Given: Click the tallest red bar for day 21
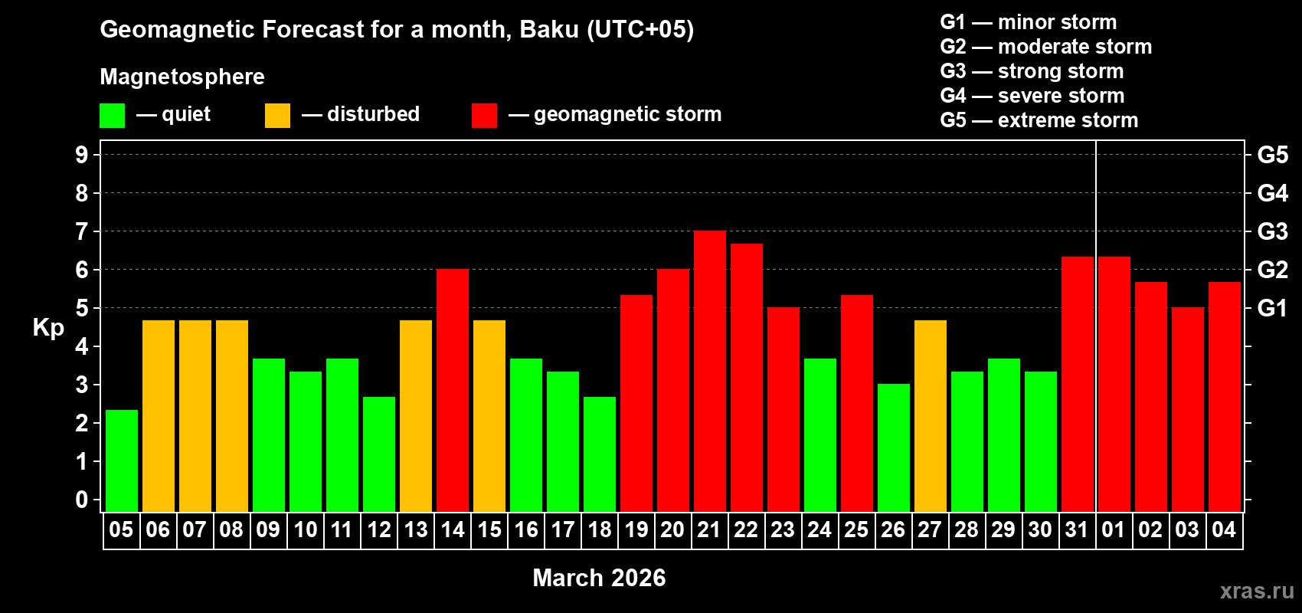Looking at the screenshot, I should [x=709, y=371].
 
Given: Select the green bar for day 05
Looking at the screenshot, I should [x=122, y=461].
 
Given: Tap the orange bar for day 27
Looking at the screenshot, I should [x=931, y=415].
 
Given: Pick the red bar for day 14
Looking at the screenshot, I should [x=453, y=390].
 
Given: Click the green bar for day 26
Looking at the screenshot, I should [x=894, y=447].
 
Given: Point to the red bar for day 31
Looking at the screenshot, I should [x=1078, y=384].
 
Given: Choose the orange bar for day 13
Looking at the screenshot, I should [x=416, y=415].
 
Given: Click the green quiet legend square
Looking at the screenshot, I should [x=113, y=116].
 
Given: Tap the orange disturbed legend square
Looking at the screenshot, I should [x=277, y=116].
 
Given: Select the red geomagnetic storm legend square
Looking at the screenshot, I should [x=484, y=116].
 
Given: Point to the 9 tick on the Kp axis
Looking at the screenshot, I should [x=82, y=155].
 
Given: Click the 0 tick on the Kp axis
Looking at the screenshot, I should [x=82, y=500].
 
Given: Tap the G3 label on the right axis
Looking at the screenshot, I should [x=1272, y=231].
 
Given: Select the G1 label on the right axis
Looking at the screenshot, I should [x=1272, y=308].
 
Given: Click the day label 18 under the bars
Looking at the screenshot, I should [x=600, y=529].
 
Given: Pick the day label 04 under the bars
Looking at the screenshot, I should [x=1224, y=529].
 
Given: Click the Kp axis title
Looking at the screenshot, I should [x=48, y=328].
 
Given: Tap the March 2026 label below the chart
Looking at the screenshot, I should [x=599, y=578].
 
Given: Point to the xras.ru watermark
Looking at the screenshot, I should [x=1257, y=591].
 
